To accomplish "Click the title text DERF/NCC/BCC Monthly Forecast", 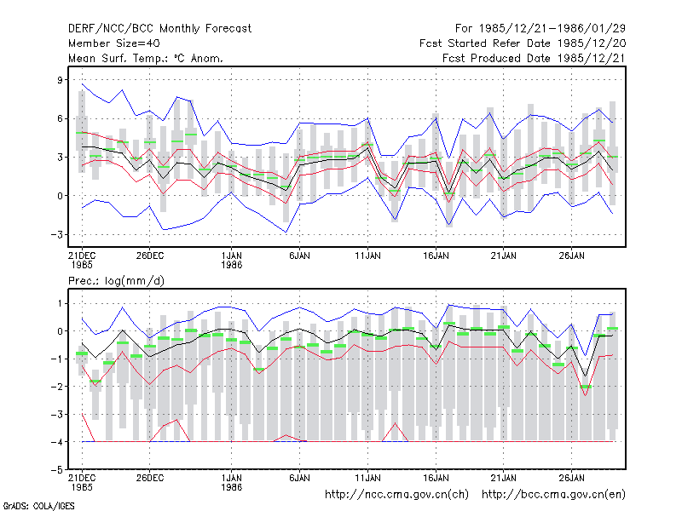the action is click(x=159, y=29).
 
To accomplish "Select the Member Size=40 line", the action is click(x=114, y=43).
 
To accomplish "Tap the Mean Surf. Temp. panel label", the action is click(x=146, y=58).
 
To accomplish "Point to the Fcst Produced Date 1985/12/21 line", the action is click(x=535, y=58).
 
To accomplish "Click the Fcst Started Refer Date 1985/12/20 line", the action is click(x=523, y=43).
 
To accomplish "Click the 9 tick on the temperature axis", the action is click(x=60, y=80).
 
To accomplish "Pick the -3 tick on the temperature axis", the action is click(x=56, y=235).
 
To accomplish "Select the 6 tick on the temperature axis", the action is click(x=60, y=118).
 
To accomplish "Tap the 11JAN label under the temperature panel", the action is click(x=367, y=256).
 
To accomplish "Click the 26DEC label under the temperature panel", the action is click(x=150, y=256).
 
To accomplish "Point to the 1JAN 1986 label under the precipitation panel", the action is click(x=231, y=483).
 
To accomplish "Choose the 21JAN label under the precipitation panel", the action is click(x=504, y=478).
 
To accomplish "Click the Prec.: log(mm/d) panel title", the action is click(x=116, y=281).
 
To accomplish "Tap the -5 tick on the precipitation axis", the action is click(x=56, y=470).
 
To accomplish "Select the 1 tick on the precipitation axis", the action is click(x=60, y=304).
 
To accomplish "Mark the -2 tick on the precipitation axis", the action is click(x=56, y=387).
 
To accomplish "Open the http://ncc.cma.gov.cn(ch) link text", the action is click(x=396, y=495).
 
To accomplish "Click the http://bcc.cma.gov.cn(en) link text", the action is click(x=553, y=495).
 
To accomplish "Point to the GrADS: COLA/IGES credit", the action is click(x=38, y=506).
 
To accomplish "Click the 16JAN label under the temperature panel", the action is click(x=436, y=256).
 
